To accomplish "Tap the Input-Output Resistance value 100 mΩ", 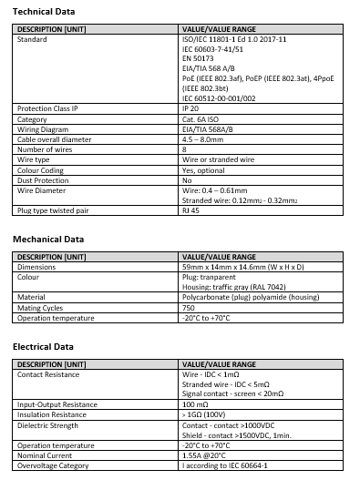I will (x=195, y=403).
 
